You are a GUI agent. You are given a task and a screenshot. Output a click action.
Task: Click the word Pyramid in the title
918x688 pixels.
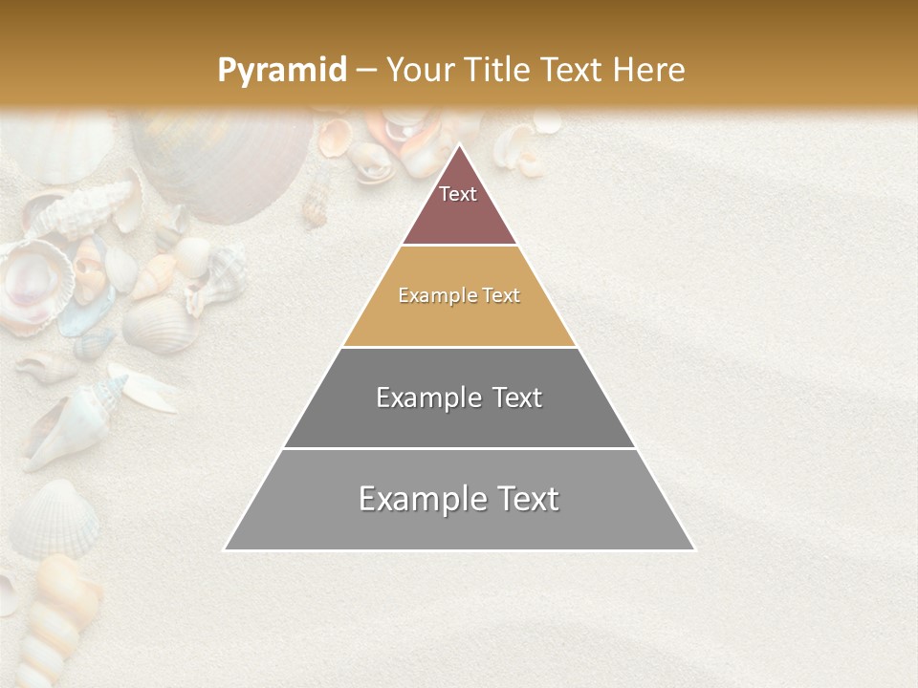(282, 71)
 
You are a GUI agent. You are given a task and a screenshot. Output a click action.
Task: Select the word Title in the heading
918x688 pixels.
(497, 70)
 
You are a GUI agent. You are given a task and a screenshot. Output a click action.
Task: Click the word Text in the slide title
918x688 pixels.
(572, 70)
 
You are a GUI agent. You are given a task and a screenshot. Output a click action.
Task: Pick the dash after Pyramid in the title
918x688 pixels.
(366, 71)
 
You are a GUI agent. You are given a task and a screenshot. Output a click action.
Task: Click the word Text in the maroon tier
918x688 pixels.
(458, 194)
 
